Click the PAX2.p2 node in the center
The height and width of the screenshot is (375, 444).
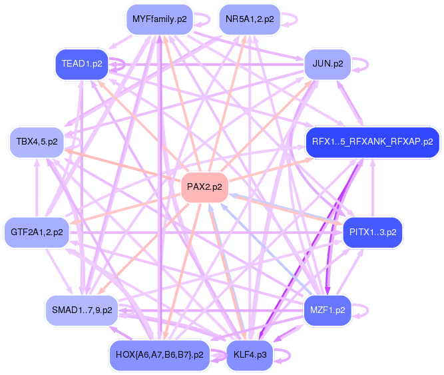point(204,187)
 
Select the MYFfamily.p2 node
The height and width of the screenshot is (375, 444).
point(159,19)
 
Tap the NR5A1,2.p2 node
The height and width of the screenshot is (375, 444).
point(249,19)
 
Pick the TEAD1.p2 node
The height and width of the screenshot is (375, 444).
point(81,64)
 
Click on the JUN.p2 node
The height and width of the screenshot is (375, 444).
point(327,64)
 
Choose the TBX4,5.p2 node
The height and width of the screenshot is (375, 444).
point(37,142)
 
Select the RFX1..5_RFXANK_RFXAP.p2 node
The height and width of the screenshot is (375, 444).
point(372,142)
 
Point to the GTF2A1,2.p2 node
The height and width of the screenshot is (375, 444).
point(37,232)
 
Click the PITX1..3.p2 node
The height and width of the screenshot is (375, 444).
point(372,232)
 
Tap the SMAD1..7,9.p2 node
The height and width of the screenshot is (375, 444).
point(81,310)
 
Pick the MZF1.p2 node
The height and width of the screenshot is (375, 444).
point(327,310)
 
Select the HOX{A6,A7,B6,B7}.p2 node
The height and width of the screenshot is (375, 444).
point(159,354)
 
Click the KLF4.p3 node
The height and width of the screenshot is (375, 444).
point(250,354)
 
